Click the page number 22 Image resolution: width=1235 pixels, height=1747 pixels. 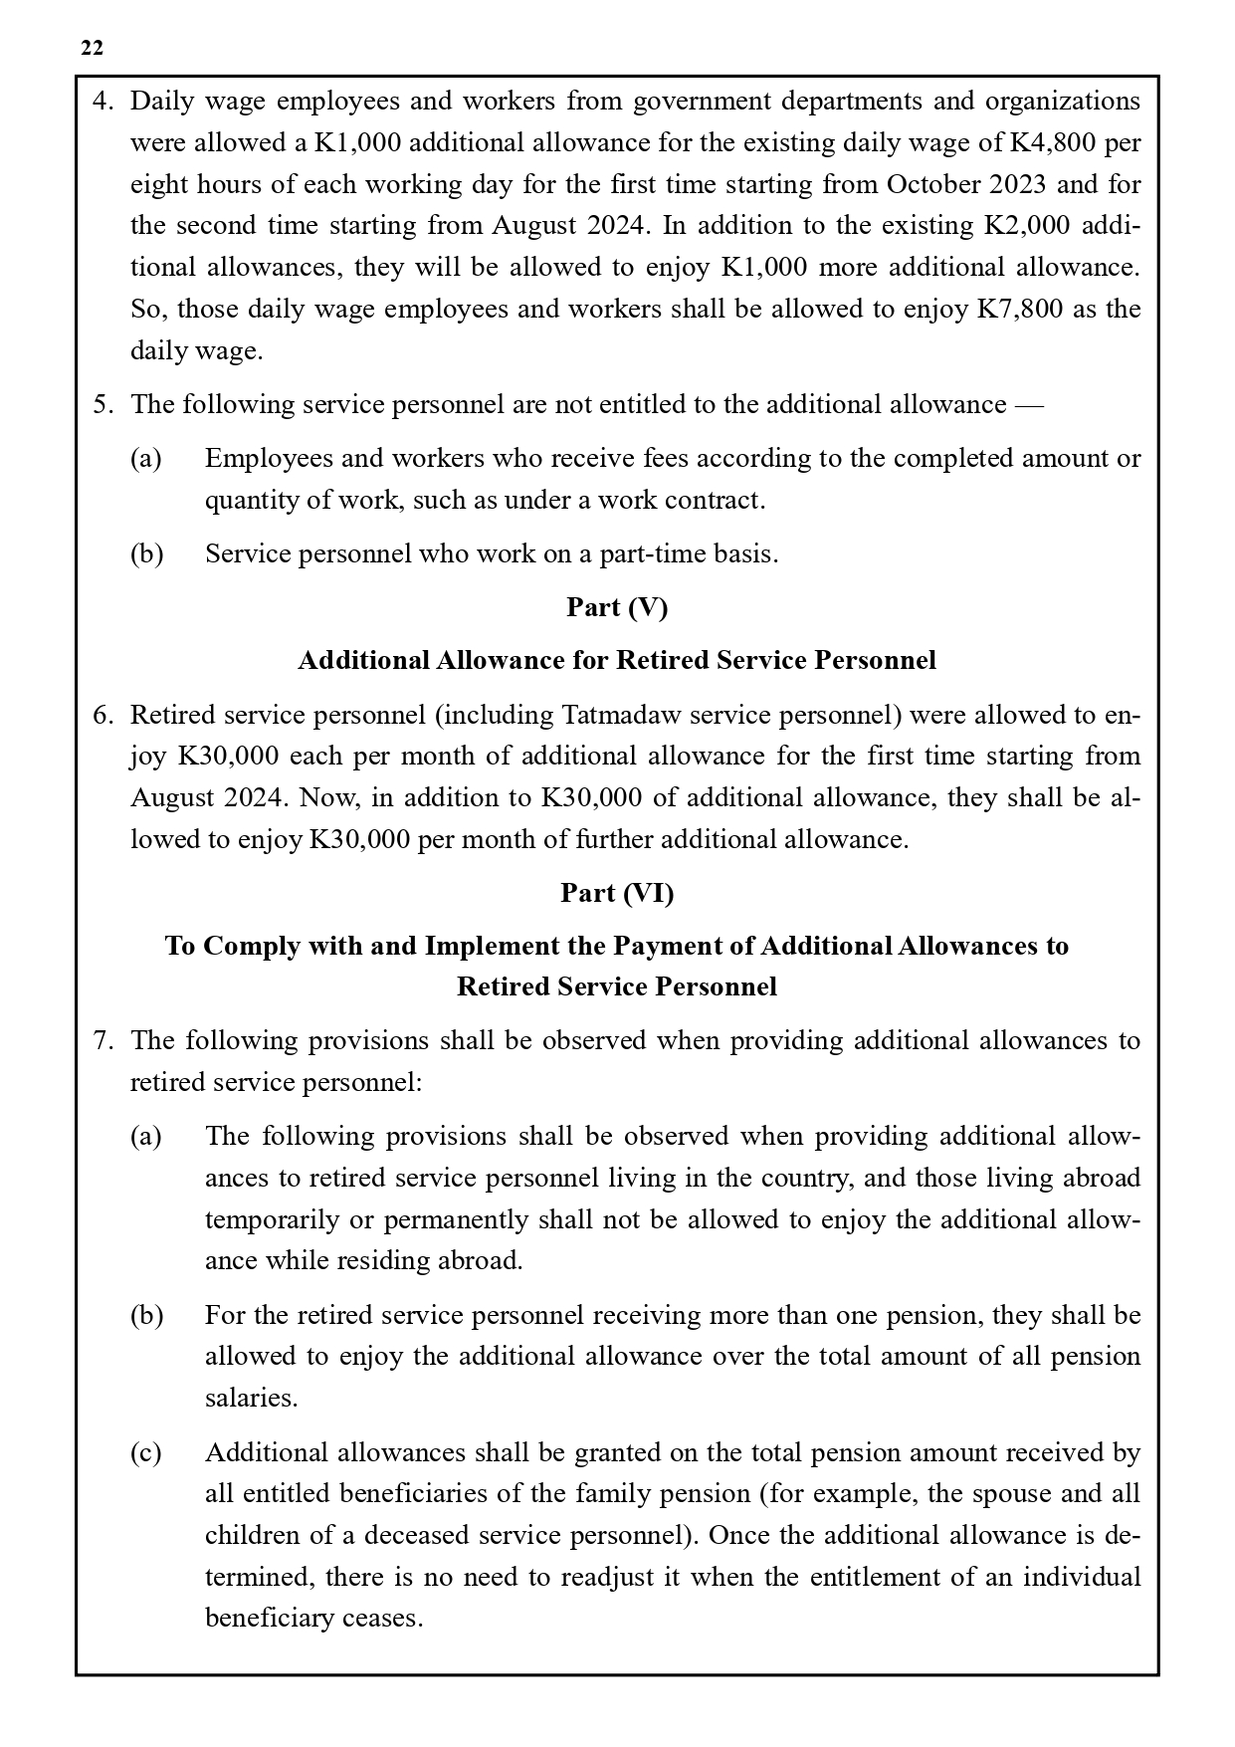tap(92, 48)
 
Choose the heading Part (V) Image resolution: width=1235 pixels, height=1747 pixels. tap(617, 607)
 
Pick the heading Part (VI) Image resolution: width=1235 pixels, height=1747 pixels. tap(617, 893)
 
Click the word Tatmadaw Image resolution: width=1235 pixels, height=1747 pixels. tap(614, 715)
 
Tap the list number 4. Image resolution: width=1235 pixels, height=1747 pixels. tap(103, 102)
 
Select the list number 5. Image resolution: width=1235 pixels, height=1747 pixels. tap(103, 404)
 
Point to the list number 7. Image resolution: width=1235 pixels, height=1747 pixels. tap(103, 1040)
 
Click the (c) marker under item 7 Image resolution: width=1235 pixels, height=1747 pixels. tap(146, 1452)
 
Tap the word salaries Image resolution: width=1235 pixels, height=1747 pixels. tap(251, 1398)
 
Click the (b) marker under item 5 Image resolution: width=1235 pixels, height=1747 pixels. tap(146, 553)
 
